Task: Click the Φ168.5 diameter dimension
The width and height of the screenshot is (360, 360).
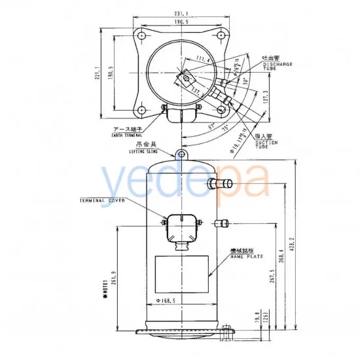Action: (x=168, y=300)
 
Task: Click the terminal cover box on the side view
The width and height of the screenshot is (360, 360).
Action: (x=180, y=227)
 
